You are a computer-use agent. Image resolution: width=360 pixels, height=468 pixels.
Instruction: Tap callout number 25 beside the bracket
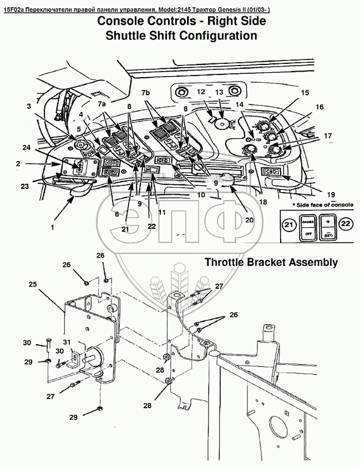(x=33, y=284)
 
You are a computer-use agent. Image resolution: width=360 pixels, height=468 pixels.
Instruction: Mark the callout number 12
(x=201, y=92)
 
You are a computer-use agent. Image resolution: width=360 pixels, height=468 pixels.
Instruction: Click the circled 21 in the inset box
(x=287, y=225)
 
